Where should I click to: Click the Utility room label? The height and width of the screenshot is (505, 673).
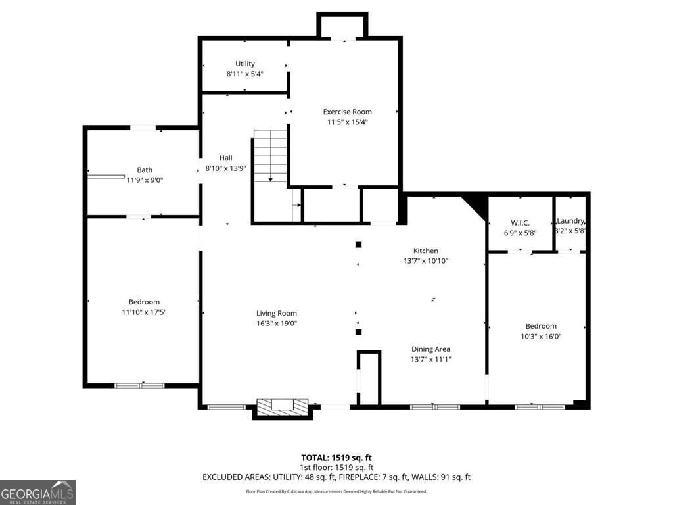pyautogui.click(x=245, y=64)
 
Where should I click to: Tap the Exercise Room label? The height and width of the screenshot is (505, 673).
pyautogui.click(x=347, y=112)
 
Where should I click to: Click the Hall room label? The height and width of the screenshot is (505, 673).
pyautogui.click(x=226, y=158)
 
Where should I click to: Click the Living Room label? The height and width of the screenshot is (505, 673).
pyautogui.click(x=277, y=314)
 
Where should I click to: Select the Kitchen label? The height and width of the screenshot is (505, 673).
pyautogui.click(x=425, y=251)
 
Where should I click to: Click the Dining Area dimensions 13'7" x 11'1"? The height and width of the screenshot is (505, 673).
pyautogui.click(x=431, y=359)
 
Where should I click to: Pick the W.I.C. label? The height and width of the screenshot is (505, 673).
pyautogui.click(x=521, y=223)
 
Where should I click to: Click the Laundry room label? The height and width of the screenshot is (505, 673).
pyautogui.click(x=570, y=222)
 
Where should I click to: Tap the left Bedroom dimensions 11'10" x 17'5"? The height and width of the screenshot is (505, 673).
pyautogui.click(x=144, y=312)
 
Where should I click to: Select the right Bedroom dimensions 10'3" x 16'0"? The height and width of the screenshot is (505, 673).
pyautogui.click(x=541, y=336)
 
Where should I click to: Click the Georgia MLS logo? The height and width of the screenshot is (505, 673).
pyautogui.click(x=37, y=493)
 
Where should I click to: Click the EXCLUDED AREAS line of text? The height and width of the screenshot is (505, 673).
pyautogui.click(x=336, y=477)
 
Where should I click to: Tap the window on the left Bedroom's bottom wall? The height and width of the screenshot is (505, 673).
pyautogui.click(x=139, y=385)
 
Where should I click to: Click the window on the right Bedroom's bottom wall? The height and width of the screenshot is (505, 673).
pyautogui.click(x=540, y=407)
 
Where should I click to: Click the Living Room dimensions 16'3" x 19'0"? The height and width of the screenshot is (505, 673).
pyautogui.click(x=277, y=324)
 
